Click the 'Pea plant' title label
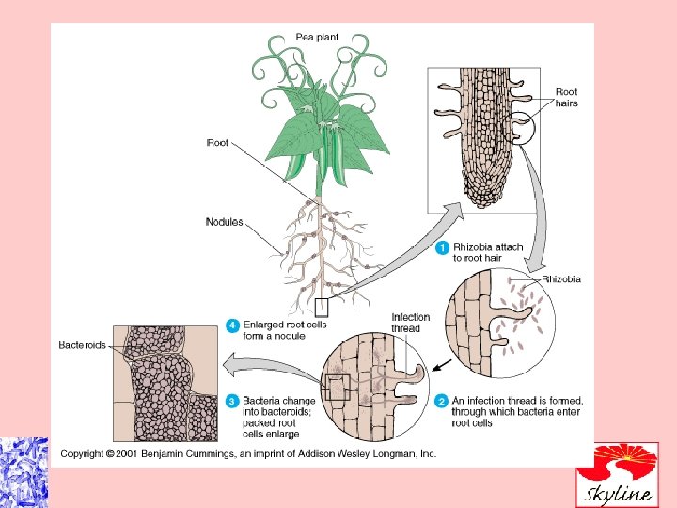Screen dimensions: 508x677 coord(317,37)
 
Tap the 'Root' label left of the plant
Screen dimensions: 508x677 coord(217,143)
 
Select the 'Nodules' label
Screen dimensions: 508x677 coord(224,223)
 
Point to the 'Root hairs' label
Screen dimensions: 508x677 coord(567,98)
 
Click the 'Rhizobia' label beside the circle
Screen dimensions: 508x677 coord(561,279)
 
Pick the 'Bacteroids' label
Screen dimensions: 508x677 coord(84,345)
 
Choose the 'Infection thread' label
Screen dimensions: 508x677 coord(410,323)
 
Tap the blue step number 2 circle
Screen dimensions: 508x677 coord(442,401)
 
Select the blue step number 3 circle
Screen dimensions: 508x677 coord(232,401)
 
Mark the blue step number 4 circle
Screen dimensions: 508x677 coord(232,326)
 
